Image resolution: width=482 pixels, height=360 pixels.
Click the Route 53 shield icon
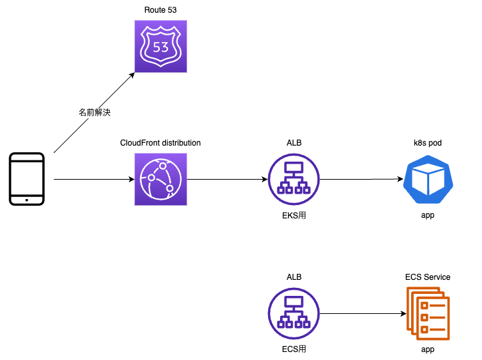pyautogui.click(x=160, y=46)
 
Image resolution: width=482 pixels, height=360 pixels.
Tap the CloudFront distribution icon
pyautogui.click(x=160, y=179)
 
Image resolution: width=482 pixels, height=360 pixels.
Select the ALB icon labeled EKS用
pyautogui.click(x=294, y=179)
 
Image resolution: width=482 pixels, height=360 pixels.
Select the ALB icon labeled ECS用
pyautogui.click(x=294, y=313)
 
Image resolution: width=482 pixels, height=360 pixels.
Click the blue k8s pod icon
pyautogui.click(x=428, y=179)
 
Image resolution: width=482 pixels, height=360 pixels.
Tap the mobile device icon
pyautogui.click(x=27, y=179)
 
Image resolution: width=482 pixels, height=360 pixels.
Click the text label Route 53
pyautogui.click(x=160, y=9)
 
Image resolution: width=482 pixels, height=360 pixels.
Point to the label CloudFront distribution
pyautogui.click(x=160, y=143)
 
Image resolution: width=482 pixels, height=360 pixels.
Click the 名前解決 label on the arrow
pyautogui.click(x=94, y=113)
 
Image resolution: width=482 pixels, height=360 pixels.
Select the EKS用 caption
pyautogui.click(x=294, y=215)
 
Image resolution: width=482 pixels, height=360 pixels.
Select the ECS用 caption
pyautogui.click(x=294, y=349)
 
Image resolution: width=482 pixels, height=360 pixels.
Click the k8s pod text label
pyautogui.click(x=428, y=143)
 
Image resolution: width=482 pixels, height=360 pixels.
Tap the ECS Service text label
pyautogui.click(x=428, y=277)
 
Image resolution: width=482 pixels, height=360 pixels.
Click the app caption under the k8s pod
pyautogui.click(x=428, y=215)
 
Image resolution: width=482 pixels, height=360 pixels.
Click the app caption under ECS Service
pyautogui.click(x=428, y=349)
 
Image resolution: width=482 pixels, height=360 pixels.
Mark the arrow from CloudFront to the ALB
pyautogui.click(x=227, y=179)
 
